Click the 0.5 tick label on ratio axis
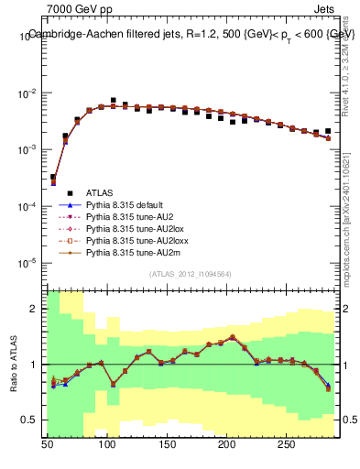(32, 420)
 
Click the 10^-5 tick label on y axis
(29, 263)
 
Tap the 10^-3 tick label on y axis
(29, 149)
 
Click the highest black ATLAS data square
(114, 100)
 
